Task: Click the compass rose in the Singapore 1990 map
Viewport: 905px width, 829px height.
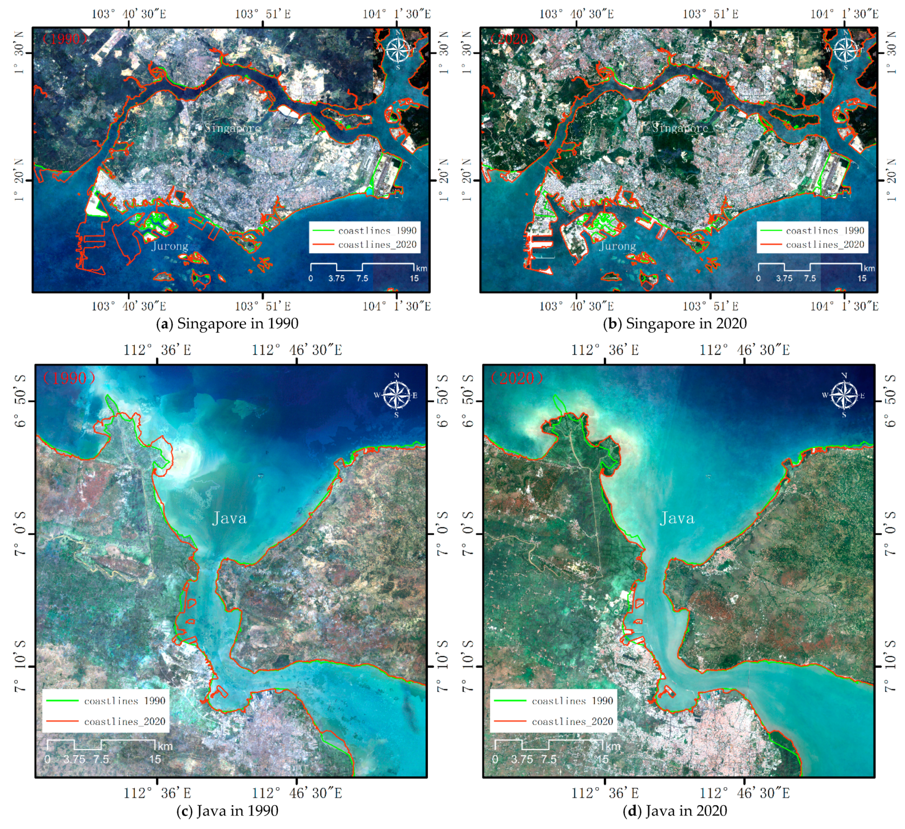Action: point(398,50)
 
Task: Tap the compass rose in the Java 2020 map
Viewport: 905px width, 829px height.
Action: point(844,395)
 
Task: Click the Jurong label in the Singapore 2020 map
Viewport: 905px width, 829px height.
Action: point(617,246)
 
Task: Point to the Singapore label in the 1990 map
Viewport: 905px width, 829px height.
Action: point(232,128)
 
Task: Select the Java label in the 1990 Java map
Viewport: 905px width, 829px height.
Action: point(229,518)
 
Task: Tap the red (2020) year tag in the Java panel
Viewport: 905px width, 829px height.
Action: point(517,378)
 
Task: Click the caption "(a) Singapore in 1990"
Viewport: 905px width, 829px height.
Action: point(227,324)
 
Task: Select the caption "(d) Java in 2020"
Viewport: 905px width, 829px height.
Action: point(675,811)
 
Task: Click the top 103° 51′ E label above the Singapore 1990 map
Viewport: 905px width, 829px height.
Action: point(263,14)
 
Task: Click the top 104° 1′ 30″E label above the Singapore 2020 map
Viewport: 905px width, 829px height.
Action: point(844,14)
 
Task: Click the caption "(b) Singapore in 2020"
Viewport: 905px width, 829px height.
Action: point(675,324)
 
